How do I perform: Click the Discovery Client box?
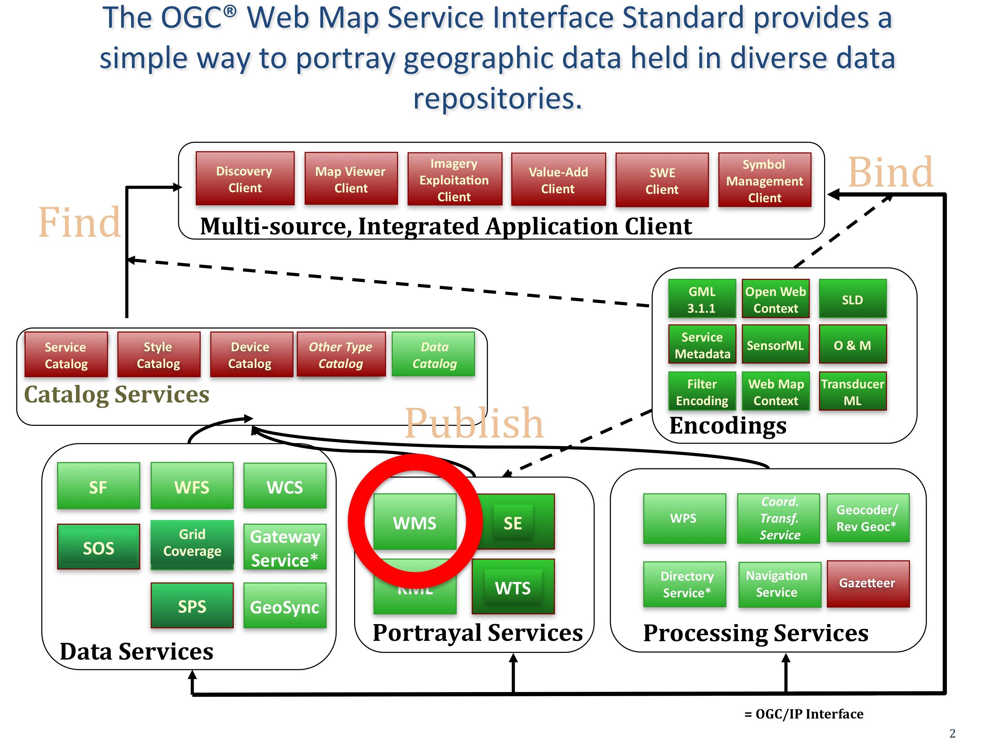[x=245, y=179]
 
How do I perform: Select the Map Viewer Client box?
[x=351, y=179]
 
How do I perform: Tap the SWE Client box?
[x=662, y=180]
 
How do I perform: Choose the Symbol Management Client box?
[x=765, y=180]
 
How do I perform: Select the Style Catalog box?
[x=158, y=355]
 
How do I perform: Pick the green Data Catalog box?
[x=433, y=355]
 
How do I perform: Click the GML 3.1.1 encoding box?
[x=701, y=299]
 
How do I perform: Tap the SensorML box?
[x=775, y=345]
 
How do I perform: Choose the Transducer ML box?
[x=852, y=392]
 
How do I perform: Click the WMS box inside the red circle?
[x=414, y=522]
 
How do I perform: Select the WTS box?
[x=513, y=587]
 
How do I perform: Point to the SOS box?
[x=98, y=547]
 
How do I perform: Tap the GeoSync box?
[x=285, y=606]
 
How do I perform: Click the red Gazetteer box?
[x=868, y=583]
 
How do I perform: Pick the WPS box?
[x=684, y=518]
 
